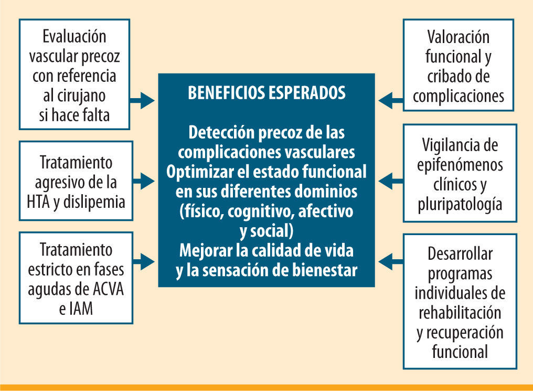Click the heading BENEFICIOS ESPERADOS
(x=266, y=93)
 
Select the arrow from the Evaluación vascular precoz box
(x=143, y=101)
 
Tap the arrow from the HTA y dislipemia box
(x=143, y=182)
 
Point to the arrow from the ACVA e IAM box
(x=143, y=259)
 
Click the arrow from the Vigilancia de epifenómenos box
(x=390, y=182)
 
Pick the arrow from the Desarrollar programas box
(x=390, y=259)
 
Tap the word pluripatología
(x=460, y=204)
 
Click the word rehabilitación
(x=460, y=313)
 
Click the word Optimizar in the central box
(x=195, y=172)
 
